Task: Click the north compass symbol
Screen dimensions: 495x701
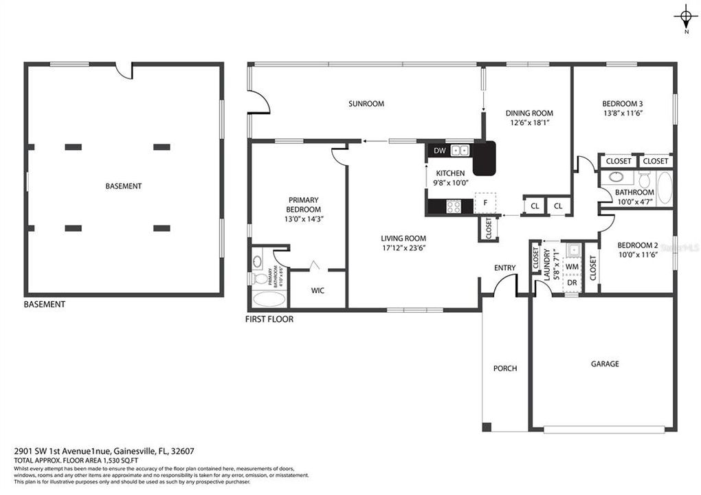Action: [685, 17]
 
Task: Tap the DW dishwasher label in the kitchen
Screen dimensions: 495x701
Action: [440, 150]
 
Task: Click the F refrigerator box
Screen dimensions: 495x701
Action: [485, 203]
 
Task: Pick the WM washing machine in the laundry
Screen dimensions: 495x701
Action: [572, 265]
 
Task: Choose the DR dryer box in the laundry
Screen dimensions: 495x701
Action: [572, 283]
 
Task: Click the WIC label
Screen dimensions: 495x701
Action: [318, 291]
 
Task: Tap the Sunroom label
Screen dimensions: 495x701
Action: [366, 104]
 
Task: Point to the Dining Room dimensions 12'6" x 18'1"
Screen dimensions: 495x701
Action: [529, 124]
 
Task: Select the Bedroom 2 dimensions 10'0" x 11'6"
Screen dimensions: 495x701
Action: [637, 255]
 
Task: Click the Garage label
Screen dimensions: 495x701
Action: [605, 364]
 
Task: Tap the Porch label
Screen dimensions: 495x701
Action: [505, 368]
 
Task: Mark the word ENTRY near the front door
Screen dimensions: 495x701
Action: [504, 268]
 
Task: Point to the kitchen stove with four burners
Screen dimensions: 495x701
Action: [454, 205]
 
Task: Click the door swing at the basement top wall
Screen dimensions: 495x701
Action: [124, 71]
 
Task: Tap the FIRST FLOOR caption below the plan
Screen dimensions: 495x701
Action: [269, 319]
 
